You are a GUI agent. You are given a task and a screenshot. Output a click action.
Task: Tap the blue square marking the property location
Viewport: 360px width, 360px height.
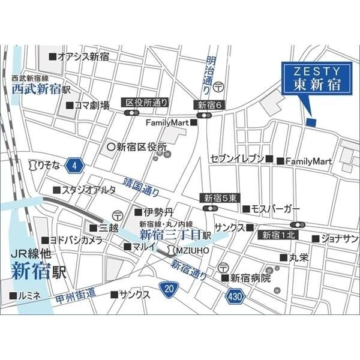pos(310,122)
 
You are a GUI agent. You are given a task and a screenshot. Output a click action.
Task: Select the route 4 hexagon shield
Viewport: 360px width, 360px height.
pos(73,164)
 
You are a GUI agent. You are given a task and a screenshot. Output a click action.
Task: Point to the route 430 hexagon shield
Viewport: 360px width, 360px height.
pos(235,296)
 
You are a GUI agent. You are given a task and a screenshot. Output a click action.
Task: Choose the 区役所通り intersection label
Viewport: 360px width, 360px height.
pos(147,103)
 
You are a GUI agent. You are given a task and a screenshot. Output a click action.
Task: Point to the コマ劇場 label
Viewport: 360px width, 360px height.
pos(91,105)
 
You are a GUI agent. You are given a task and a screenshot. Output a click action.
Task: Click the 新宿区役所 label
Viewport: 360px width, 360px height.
pos(137,146)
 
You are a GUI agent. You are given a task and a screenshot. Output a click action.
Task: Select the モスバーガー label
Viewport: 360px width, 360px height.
pos(275,208)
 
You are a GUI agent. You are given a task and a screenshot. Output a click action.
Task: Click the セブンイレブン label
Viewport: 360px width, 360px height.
pos(237,160)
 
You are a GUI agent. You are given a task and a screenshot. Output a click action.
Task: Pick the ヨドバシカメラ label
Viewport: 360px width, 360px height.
pos(75,239)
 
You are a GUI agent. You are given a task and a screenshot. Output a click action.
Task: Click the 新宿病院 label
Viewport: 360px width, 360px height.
pos(251,278)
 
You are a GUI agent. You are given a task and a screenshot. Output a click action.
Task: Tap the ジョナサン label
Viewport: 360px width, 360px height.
pos(339,238)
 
